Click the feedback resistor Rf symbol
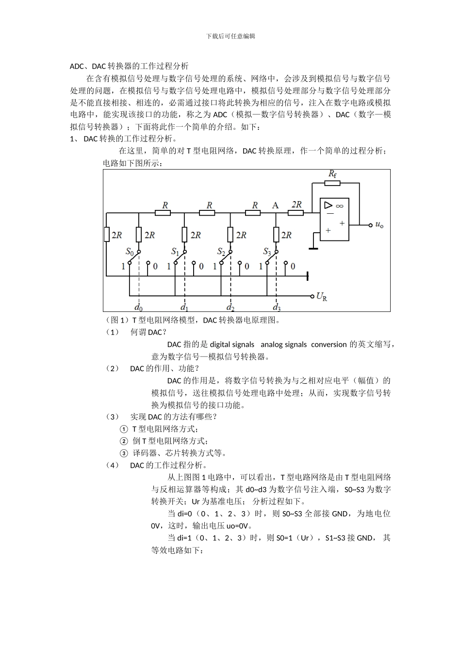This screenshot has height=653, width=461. point(332,183)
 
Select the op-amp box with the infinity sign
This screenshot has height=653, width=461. point(334,219)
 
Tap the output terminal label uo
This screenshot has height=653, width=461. point(379,225)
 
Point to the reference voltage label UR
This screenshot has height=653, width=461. point(321,296)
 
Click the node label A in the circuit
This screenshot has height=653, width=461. point(275,205)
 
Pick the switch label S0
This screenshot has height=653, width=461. point(130,251)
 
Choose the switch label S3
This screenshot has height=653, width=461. point(267,251)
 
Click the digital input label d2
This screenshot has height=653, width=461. point(230,307)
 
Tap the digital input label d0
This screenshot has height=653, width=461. point(139,307)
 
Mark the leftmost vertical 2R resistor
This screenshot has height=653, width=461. point(107,235)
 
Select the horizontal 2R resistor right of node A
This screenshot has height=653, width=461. point(296,212)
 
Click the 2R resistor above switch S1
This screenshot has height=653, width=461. point(184,235)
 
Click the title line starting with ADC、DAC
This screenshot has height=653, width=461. point(129,66)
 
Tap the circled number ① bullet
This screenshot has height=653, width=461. point(124,429)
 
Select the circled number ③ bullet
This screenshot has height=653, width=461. point(124,453)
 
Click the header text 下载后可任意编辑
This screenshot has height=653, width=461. point(230,36)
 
